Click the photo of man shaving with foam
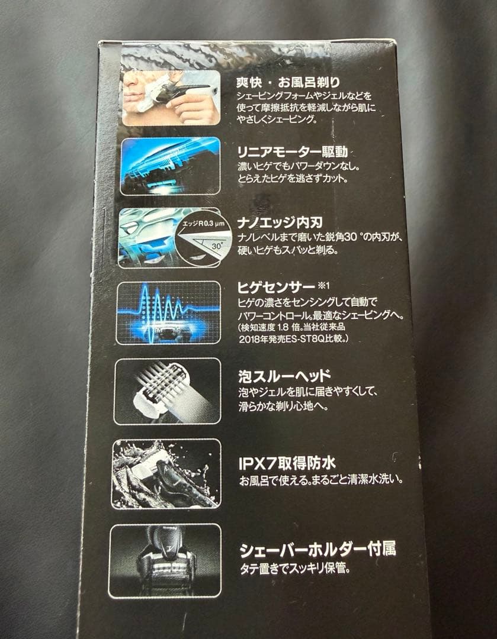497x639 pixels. pyautogui.click(x=171, y=98)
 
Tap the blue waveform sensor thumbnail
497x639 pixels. pyautogui.click(x=168, y=313)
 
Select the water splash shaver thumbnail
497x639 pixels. pyautogui.click(x=166, y=474)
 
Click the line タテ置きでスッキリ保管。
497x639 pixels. pyautogui.click(x=294, y=569)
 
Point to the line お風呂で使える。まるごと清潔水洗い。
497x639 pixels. pyautogui.click(x=322, y=480)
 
